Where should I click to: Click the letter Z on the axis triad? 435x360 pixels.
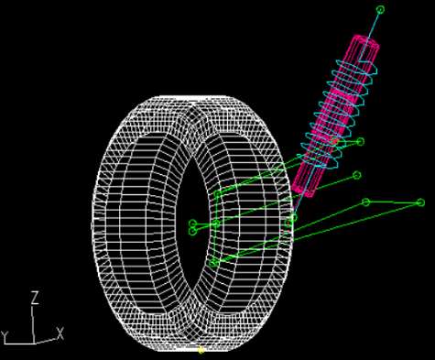pos(35,298)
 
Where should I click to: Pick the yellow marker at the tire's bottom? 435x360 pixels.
pos(201,350)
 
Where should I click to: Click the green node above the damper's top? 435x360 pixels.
pos(381,10)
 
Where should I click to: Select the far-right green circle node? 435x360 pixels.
pos(420,202)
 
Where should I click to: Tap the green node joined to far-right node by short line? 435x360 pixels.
pos(366,202)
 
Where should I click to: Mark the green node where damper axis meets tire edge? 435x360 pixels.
pos(292,220)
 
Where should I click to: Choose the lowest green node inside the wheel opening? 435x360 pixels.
pos(213,262)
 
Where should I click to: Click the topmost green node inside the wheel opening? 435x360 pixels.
pos(217,194)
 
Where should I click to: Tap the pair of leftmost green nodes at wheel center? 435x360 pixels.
pos(192,227)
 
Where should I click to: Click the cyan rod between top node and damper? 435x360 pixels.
pos(375,25)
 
